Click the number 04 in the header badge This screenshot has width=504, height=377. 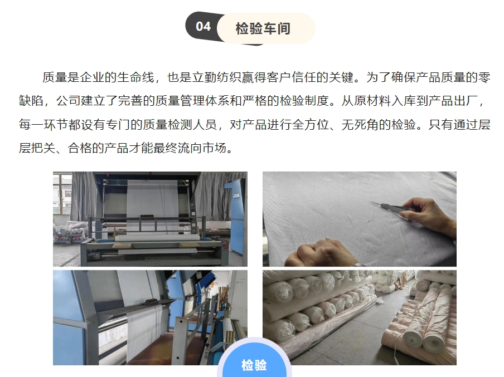(203, 27)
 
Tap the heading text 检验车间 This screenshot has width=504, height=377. (263, 28)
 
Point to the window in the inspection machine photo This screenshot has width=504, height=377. (61, 194)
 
